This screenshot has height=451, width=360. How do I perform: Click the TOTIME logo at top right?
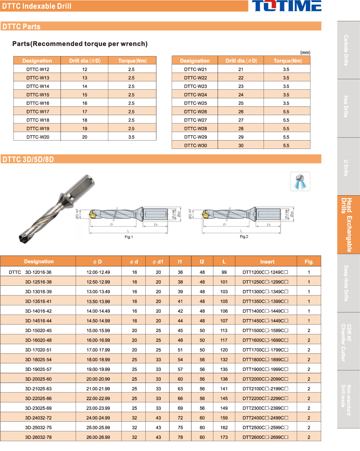[286, 6]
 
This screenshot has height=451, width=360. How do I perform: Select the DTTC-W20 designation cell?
[38, 137]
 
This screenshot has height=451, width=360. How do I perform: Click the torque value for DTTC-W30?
[286, 146]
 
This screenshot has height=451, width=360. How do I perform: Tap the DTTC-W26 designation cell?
[195, 111]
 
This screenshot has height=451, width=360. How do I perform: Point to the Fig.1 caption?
[129, 237]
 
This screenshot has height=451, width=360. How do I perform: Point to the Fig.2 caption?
[244, 237]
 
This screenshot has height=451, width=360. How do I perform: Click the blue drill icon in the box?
[300, 181]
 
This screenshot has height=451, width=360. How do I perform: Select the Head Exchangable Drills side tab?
[348, 225]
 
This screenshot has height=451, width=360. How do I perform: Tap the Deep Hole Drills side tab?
[348, 283]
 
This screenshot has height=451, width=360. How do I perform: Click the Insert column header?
[267, 262]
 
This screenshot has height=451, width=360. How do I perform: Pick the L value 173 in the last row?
[224, 437]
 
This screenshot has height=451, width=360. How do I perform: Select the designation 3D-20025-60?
[38, 379]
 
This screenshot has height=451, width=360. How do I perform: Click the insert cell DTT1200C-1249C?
[266, 272]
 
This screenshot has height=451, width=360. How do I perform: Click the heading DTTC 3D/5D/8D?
[28, 159]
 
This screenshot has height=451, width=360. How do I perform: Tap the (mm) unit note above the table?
[305, 53]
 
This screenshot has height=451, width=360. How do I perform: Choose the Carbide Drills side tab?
[348, 50]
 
